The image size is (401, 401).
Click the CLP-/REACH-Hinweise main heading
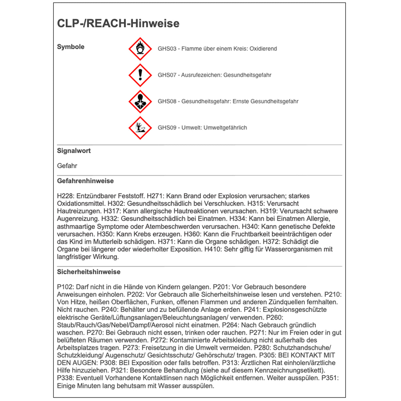[x=118, y=23]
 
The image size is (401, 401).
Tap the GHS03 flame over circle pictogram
[x=140, y=49]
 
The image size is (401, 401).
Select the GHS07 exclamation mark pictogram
[x=140, y=75]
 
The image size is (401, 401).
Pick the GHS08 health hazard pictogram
[x=140, y=102]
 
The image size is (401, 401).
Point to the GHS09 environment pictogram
[x=140, y=128]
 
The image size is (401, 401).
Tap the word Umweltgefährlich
[x=225, y=128]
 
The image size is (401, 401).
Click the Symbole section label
[x=71, y=47]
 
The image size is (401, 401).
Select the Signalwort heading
[x=74, y=151]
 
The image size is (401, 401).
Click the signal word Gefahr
[x=67, y=166]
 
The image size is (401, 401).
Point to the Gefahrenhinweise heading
[x=86, y=181]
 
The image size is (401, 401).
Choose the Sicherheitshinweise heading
[x=89, y=272]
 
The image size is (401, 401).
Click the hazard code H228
[x=65, y=196]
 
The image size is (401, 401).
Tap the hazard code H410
[x=213, y=249]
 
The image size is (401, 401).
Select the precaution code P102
[x=65, y=287]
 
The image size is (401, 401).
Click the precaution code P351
[x=330, y=378]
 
